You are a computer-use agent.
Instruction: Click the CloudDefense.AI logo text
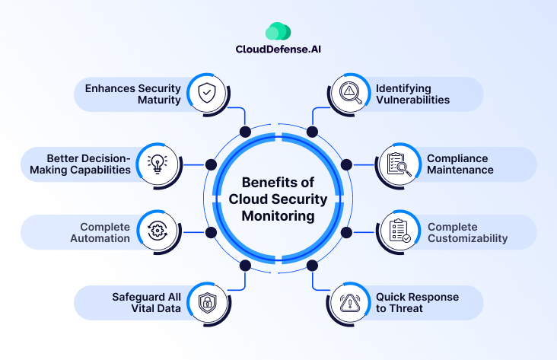(278, 51)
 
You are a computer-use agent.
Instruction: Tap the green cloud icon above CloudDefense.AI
(278, 31)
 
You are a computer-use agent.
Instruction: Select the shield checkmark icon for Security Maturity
(206, 94)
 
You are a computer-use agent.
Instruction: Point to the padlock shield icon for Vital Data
(206, 302)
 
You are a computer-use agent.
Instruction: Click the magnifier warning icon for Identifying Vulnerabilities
(349, 94)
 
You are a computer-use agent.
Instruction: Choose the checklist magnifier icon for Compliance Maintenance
(399, 164)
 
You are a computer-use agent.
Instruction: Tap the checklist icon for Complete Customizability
(399, 231)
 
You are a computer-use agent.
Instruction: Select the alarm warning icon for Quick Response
(349, 302)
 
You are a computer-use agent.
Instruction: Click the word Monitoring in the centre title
(278, 216)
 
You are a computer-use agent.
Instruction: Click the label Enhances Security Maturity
(134, 94)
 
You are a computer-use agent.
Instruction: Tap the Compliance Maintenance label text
(457, 164)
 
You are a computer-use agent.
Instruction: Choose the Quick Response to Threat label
(417, 302)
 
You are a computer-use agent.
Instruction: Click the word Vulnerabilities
(412, 100)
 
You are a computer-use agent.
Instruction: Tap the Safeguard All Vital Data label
(132, 302)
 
